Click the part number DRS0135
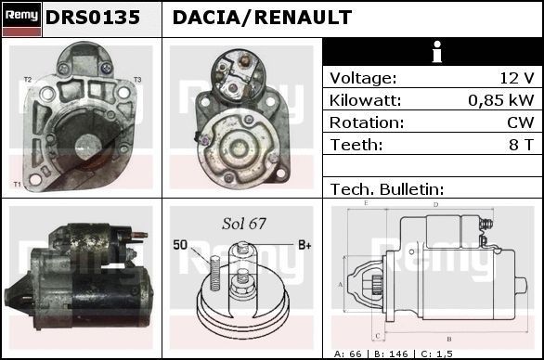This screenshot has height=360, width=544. click(92, 18)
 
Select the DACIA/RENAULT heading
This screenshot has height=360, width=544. click(262, 18)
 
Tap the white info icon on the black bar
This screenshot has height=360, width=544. click(436, 52)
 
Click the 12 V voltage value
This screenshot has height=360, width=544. click(516, 78)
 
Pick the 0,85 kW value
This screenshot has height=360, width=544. click(500, 100)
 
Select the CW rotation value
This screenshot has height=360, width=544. click(521, 122)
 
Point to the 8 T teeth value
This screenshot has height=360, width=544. click(520, 145)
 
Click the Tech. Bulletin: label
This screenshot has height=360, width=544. click(387, 188)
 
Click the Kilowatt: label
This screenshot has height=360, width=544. click(365, 100)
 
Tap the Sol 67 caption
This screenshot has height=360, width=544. click(244, 224)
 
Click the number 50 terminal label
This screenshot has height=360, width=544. click(180, 245)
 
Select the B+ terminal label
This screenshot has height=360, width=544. click(304, 245)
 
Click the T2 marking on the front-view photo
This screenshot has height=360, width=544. click(27, 80)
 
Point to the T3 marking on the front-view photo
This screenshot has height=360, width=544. click(137, 80)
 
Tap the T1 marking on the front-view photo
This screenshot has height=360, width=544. click(17, 186)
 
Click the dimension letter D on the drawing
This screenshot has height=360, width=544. click(435, 204)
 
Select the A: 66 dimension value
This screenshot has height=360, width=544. click(350, 354)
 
